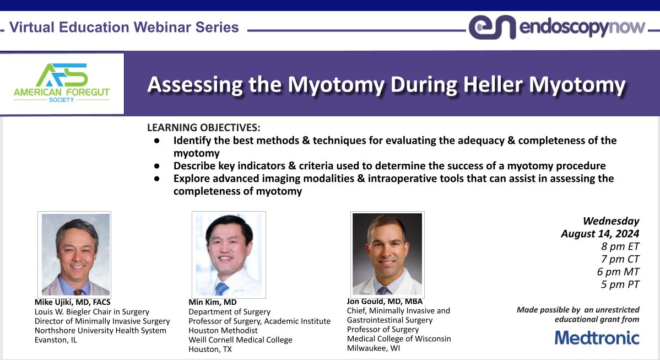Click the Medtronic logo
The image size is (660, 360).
(x=597, y=337)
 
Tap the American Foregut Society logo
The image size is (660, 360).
(x=62, y=83)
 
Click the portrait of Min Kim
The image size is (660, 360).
(x=229, y=254)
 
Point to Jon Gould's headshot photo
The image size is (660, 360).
(x=387, y=254)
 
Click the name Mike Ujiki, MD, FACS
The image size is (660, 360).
(x=72, y=302)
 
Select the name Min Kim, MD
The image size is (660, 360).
(x=213, y=302)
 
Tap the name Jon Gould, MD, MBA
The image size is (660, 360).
(x=385, y=301)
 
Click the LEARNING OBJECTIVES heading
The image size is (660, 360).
(x=203, y=127)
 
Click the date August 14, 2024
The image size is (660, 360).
(x=600, y=234)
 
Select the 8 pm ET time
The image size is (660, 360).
(x=620, y=246)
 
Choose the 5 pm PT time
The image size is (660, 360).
(x=620, y=284)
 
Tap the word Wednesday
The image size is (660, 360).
(x=611, y=221)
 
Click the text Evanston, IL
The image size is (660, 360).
(x=56, y=340)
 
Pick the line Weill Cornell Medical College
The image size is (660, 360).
(x=240, y=340)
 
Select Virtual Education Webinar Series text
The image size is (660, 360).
(x=125, y=27)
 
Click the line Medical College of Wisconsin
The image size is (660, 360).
(x=398, y=338)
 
